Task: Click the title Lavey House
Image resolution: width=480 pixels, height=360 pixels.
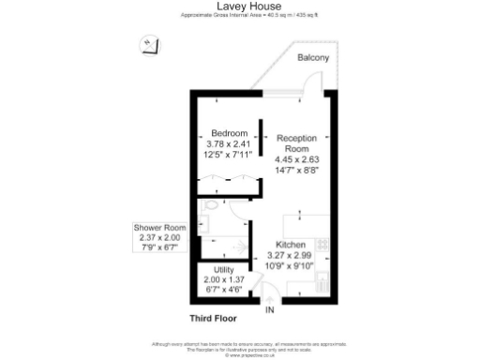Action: point(240,6)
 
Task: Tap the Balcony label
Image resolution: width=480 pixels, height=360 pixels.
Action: point(313,58)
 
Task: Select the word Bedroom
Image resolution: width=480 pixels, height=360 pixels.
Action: point(228,132)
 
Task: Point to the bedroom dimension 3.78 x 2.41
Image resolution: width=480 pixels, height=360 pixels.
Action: point(228,143)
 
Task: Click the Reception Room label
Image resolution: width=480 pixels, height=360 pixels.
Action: point(296,142)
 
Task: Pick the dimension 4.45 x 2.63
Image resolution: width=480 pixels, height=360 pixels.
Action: point(296,159)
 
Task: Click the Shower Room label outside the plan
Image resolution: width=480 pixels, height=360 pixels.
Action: point(160,228)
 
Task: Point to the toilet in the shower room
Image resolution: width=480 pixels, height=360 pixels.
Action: point(212,205)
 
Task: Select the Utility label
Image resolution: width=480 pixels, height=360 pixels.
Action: point(225,269)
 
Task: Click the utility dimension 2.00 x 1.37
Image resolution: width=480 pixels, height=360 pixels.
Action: point(225,279)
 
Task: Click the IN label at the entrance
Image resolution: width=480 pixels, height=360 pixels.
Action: point(269,309)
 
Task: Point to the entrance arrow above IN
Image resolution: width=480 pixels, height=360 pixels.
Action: point(269,298)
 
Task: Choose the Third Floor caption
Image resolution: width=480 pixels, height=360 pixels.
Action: point(212,319)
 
